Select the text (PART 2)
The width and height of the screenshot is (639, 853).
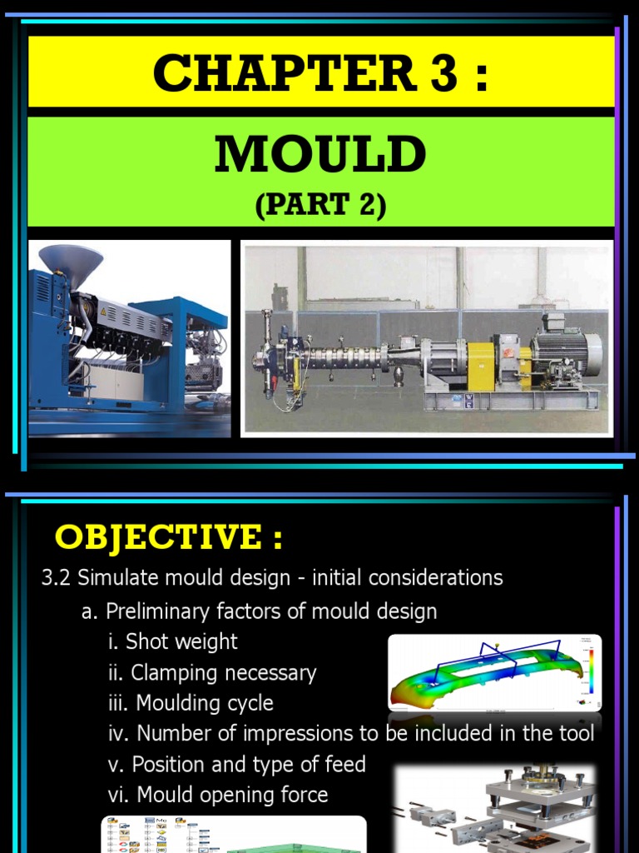point(320,206)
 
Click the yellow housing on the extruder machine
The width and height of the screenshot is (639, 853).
point(481,364)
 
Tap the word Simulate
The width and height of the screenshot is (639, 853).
point(117,578)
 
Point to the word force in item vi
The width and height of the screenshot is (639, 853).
point(300,796)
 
